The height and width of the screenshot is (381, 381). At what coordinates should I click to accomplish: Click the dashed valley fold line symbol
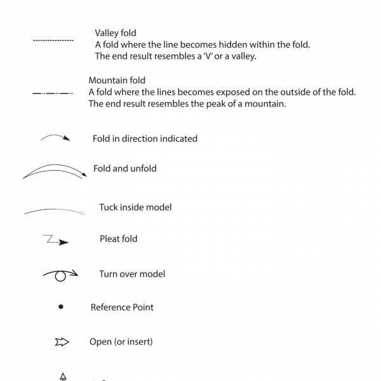click(x=53, y=40)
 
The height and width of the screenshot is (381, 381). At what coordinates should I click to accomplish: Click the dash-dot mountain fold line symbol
click(x=53, y=93)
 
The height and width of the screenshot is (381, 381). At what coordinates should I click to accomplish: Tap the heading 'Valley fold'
click(x=116, y=33)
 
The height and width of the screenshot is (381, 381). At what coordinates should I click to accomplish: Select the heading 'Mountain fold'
click(x=117, y=81)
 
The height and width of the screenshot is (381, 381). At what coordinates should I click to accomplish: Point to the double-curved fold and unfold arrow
click(x=54, y=171)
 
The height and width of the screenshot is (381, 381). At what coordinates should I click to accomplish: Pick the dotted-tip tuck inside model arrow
click(x=55, y=211)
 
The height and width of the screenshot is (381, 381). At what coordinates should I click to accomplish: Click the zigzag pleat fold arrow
click(x=55, y=240)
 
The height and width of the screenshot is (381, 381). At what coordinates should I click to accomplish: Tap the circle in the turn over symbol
click(x=60, y=276)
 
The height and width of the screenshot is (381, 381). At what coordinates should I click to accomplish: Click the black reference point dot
click(x=61, y=307)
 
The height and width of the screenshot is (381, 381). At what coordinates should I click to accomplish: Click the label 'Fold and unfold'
click(x=124, y=169)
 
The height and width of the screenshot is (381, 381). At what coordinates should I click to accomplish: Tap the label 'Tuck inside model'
click(x=135, y=207)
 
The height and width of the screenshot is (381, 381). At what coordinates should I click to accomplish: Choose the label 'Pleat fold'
click(x=118, y=239)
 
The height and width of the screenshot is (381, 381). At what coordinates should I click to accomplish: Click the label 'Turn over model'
click(x=132, y=274)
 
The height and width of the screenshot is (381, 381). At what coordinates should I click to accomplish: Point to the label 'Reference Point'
click(x=122, y=307)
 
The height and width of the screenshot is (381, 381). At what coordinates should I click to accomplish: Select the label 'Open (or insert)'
click(x=121, y=342)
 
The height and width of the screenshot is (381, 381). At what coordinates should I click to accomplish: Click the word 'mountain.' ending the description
click(x=265, y=104)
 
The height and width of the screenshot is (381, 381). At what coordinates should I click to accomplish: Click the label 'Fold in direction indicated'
click(x=145, y=138)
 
